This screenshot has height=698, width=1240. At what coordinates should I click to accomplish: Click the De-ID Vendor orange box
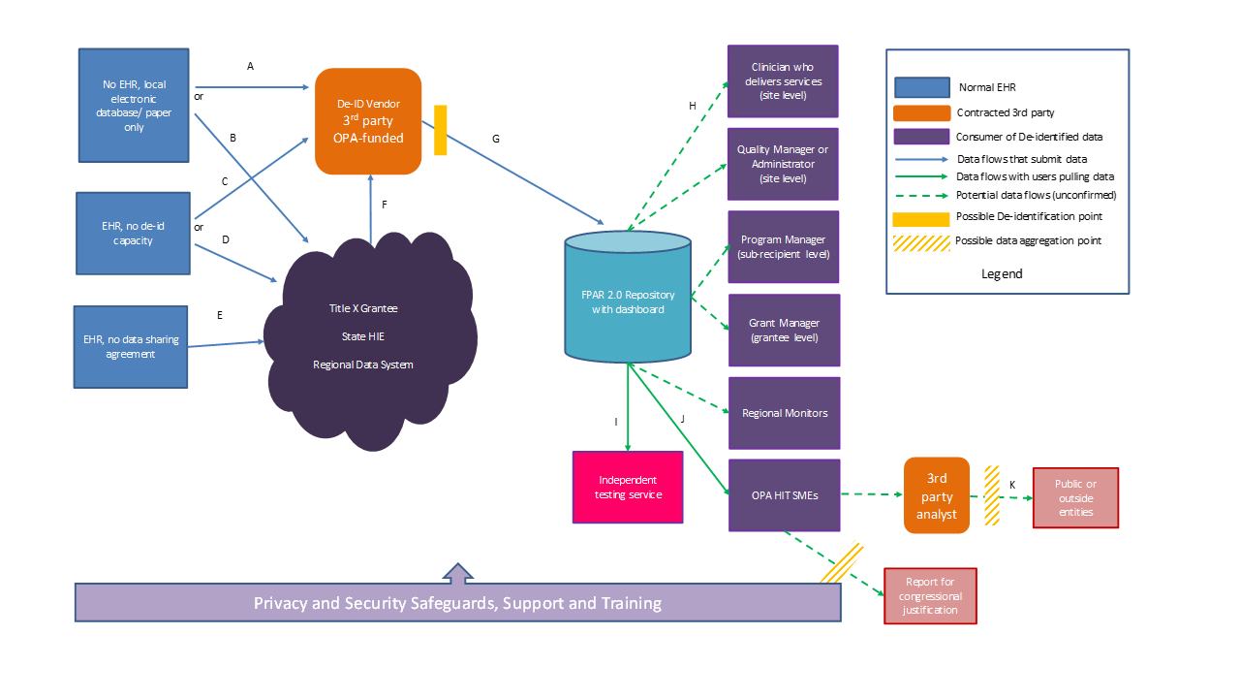(368, 121)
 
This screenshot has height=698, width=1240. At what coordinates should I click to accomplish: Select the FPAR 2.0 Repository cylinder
(628, 296)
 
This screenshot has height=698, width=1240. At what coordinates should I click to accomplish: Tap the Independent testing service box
(628, 487)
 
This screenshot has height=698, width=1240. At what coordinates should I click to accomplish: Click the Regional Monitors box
(784, 413)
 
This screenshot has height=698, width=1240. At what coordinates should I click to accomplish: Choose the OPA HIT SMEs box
(784, 495)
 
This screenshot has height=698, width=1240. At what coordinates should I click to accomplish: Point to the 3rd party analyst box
(936, 495)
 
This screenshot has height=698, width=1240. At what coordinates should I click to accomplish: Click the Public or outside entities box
(1074, 497)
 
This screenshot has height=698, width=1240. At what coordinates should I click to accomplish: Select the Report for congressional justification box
(930, 595)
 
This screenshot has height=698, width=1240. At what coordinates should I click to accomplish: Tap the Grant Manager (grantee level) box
(784, 330)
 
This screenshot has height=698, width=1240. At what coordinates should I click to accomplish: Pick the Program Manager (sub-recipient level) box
(784, 246)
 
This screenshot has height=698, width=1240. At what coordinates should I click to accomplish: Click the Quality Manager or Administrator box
(783, 164)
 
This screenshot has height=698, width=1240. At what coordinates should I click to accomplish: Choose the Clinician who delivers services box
(783, 81)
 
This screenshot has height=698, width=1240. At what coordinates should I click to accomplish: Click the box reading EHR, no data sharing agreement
(131, 347)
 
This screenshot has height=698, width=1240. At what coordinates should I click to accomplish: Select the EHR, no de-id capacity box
(133, 233)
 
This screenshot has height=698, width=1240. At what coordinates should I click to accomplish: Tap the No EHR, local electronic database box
(134, 106)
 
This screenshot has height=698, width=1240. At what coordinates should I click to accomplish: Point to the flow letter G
(496, 139)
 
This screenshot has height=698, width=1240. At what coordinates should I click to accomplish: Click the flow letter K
(1012, 484)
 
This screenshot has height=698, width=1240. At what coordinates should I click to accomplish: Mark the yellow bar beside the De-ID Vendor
(440, 130)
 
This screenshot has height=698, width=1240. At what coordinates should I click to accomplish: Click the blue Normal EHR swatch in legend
(921, 87)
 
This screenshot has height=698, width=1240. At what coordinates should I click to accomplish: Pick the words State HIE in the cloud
(362, 336)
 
